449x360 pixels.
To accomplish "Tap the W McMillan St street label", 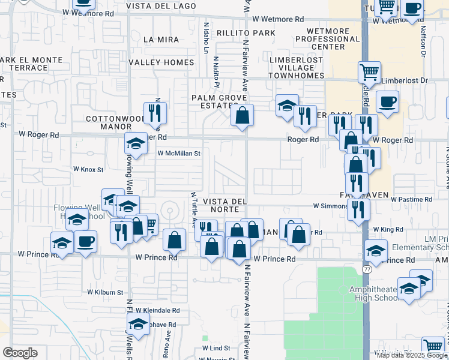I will point(178,154).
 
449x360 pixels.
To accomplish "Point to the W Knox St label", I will point(89,169).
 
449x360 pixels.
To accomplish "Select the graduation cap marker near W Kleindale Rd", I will point(138,324).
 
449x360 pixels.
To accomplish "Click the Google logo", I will point(20,353).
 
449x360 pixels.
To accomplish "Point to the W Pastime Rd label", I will point(412,199).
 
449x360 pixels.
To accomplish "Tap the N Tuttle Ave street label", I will point(193,210).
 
